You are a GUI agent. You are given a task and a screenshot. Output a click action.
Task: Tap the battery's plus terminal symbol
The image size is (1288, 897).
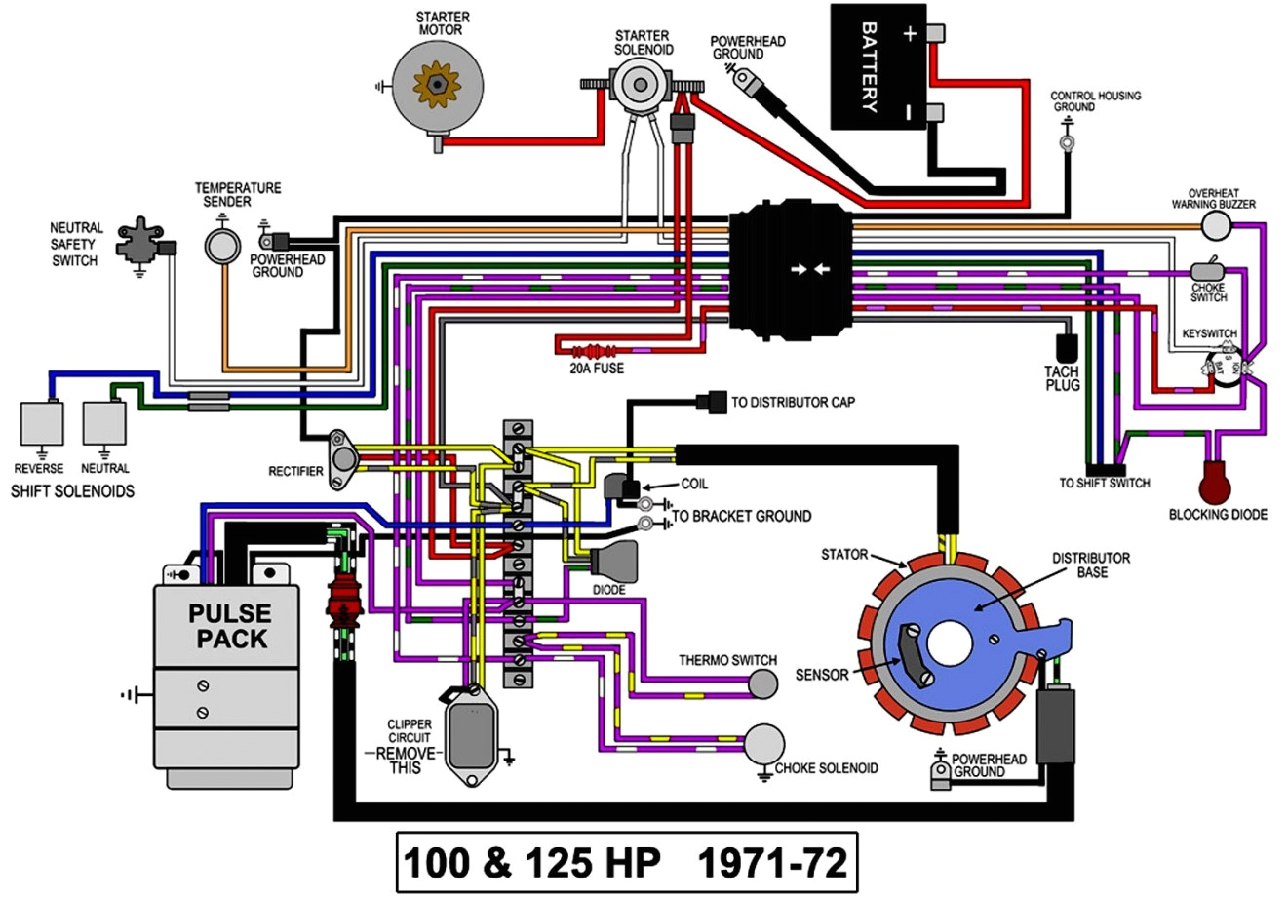tap(909, 34)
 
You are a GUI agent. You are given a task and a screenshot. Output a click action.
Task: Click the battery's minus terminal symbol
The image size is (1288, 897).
tap(909, 112)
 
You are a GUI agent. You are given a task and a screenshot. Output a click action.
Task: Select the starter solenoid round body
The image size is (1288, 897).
tap(639, 84)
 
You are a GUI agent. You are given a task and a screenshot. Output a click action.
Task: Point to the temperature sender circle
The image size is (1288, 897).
tap(222, 245)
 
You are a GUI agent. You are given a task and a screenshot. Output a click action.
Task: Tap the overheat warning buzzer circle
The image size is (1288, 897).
tap(1216, 226)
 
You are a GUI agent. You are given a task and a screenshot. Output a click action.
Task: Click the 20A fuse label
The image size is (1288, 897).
tap(597, 369)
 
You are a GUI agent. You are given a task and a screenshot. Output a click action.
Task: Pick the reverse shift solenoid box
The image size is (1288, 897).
tap(42, 422)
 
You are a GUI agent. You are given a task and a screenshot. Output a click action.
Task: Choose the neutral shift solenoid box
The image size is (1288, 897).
tap(104, 422)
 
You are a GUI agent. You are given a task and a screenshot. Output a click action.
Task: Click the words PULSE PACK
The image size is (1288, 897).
tap(230, 626)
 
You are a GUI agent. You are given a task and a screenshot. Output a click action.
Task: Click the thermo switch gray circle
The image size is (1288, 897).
tap(763, 685)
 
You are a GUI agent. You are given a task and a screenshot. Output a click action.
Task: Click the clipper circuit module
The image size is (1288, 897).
tap(472, 735)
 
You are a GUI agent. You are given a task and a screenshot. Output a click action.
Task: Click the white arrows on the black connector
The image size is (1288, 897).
tap(810, 269)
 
